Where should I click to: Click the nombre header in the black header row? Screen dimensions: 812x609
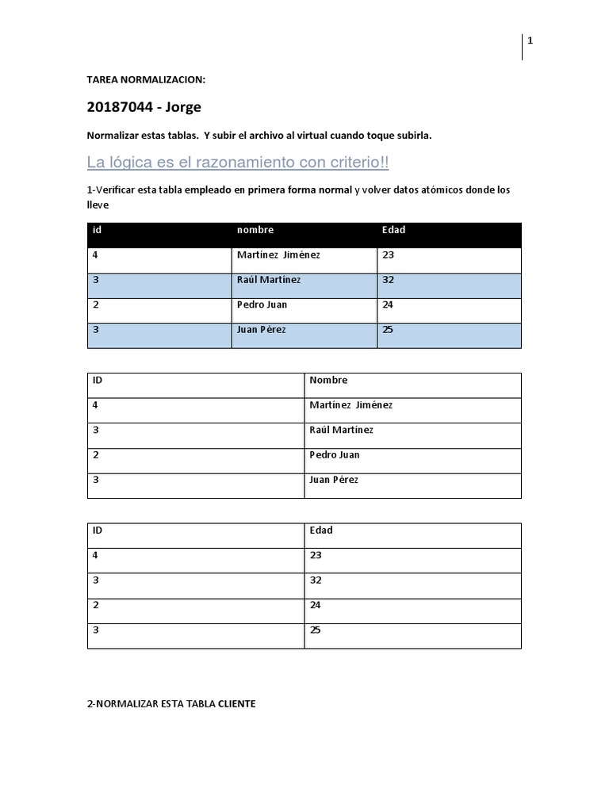coord(255,230)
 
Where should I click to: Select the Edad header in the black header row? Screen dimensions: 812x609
coord(393,230)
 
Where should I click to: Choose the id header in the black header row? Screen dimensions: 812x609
coord(97,230)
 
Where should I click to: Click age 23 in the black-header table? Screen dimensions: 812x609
coord(388,255)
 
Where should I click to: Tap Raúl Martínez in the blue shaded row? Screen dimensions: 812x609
coord(269,280)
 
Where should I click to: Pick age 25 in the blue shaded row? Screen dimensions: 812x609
coord(388,329)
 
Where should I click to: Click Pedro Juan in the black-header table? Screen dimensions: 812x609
coord(262,304)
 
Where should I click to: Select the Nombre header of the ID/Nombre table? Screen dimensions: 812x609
coord(328,381)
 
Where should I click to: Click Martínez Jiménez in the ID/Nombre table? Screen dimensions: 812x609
coord(350,405)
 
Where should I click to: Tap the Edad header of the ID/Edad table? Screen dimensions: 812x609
coord(321,530)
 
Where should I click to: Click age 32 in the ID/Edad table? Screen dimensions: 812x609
coord(316,580)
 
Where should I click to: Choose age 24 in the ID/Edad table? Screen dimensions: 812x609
coord(316,605)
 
